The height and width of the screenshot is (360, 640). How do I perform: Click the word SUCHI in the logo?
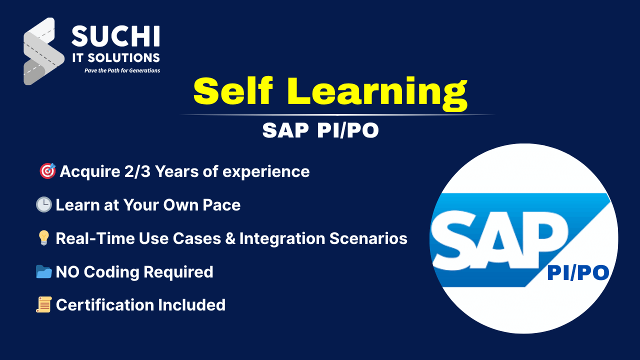115,36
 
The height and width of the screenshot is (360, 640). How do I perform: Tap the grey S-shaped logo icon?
43,51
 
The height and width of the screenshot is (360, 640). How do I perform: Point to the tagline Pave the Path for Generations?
122,70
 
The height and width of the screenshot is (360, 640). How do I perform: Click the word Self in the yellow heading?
233,91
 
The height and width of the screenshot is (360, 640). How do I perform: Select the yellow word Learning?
377,93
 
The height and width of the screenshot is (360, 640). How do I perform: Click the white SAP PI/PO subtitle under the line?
320,130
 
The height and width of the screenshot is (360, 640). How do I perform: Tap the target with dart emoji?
47,171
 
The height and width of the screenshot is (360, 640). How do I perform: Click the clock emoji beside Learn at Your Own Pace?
43,204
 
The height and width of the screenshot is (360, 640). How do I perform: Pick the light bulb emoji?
43,238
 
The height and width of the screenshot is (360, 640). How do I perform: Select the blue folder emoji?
43,271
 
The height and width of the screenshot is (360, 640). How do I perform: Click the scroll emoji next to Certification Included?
44,304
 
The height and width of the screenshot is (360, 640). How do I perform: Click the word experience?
266,172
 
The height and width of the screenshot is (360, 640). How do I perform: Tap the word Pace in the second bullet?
221,205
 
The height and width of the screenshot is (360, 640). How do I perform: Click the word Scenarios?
368,238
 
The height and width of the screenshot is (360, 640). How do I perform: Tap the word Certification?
105,305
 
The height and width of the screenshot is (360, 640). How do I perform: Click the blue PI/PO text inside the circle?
578,273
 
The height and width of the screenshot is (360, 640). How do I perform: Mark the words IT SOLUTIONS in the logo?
116,58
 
